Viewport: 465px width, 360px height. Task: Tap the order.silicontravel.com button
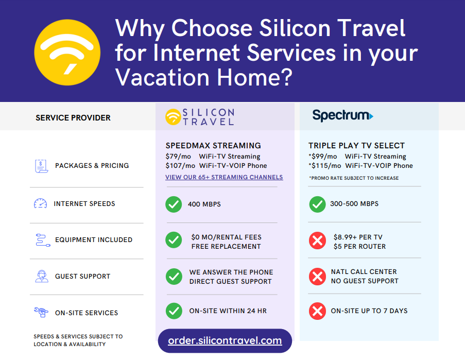click(x=225, y=340)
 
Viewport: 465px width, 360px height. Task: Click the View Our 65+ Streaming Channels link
click(x=224, y=177)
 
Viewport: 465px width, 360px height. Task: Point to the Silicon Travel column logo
click(x=200, y=117)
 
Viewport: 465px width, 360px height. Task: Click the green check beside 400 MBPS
click(x=174, y=204)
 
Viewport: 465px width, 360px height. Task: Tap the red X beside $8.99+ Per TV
click(x=317, y=241)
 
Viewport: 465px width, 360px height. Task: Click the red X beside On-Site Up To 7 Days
click(x=317, y=311)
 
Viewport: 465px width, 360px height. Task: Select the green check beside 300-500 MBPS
click(x=317, y=204)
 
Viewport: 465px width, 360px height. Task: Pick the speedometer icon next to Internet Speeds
click(x=40, y=204)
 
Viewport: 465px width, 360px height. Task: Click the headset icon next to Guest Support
click(x=41, y=276)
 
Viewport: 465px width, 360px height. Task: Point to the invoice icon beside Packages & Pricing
click(x=41, y=166)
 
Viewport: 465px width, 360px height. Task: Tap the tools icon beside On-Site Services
click(x=41, y=312)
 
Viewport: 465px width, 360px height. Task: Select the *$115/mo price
click(x=324, y=166)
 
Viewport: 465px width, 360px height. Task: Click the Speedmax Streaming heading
click(x=213, y=146)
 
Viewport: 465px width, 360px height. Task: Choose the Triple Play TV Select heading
click(x=356, y=146)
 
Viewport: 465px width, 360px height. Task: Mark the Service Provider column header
click(x=73, y=118)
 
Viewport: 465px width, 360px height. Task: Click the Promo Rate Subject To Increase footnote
click(x=354, y=178)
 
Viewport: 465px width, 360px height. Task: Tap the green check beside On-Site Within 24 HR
click(x=174, y=311)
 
